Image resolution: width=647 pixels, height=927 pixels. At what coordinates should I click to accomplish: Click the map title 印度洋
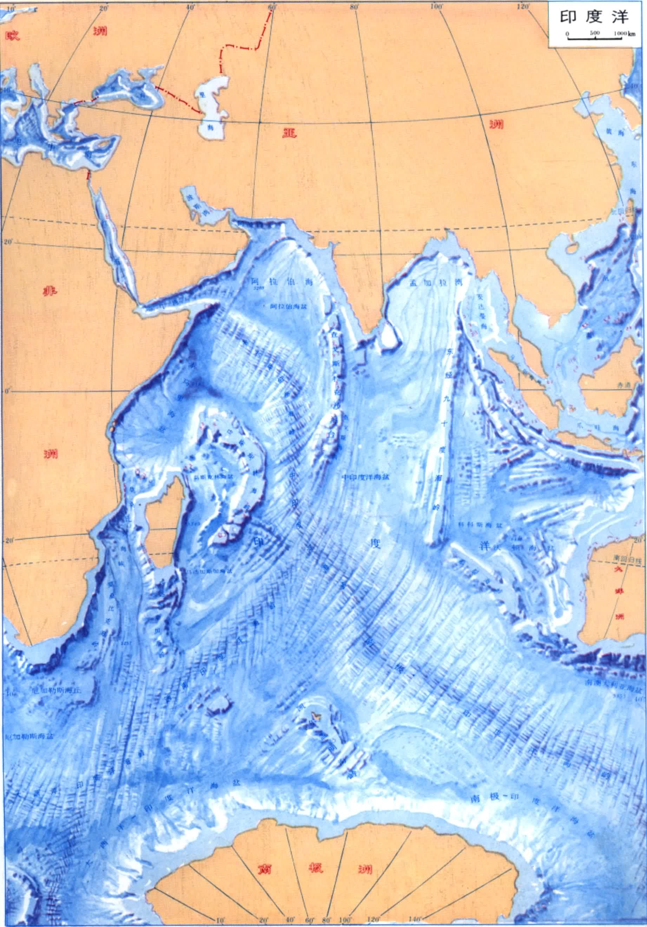pyautogui.click(x=594, y=18)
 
